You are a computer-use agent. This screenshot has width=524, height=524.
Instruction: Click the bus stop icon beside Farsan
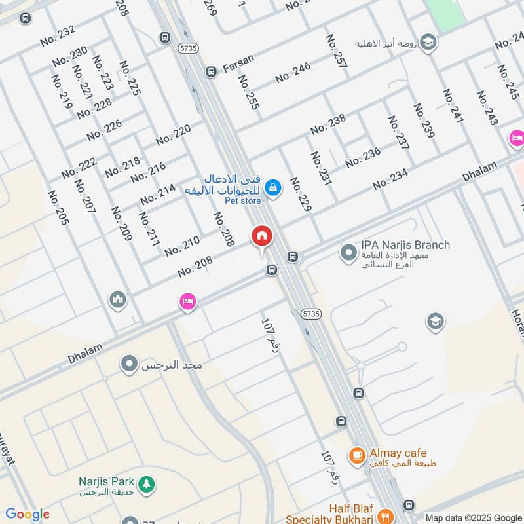tap(211, 71)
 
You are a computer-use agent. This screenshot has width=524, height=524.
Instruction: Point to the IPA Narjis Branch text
tap(405, 245)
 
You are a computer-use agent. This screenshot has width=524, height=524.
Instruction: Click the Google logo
tap(27, 514)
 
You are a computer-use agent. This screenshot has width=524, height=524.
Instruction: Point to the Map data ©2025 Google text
tap(472, 517)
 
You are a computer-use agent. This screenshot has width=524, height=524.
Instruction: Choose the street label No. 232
tap(58, 35)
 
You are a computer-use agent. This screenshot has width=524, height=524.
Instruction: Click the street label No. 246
tap(293, 72)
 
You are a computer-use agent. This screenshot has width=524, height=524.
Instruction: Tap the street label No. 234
tap(390, 179)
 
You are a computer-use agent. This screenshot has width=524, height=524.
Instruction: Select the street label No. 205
tap(58, 207)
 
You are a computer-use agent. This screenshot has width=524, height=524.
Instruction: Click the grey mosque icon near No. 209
tap(118, 299)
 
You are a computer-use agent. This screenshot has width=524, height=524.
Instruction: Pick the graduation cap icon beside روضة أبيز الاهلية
tap(428, 43)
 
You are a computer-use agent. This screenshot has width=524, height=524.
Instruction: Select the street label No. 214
tap(157, 194)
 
